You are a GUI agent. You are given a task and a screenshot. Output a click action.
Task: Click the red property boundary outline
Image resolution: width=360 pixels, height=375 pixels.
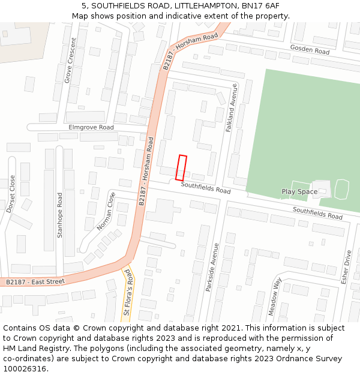click(181, 168)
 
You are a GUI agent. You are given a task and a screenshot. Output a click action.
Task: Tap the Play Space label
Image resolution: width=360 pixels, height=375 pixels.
click(299, 192)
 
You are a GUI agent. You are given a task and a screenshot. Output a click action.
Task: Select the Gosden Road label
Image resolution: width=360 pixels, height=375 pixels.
click(310, 50)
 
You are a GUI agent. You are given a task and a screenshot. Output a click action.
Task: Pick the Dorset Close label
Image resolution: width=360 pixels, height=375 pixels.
click(10, 194)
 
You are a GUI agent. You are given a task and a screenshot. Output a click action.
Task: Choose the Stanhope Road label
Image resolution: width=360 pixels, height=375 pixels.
click(59, 215)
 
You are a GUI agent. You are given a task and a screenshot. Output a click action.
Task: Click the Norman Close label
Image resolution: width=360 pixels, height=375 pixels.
click(106, 211)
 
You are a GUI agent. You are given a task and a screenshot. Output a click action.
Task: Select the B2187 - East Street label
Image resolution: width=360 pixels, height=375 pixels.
click(35, 281)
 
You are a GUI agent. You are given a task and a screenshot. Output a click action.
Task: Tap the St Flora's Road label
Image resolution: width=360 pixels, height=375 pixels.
click(127, 292)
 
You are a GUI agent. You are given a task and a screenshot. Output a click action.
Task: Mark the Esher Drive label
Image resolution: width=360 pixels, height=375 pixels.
click(346, 267)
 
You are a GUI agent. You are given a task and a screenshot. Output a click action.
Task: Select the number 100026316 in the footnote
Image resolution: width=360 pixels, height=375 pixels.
click(25, 368)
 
